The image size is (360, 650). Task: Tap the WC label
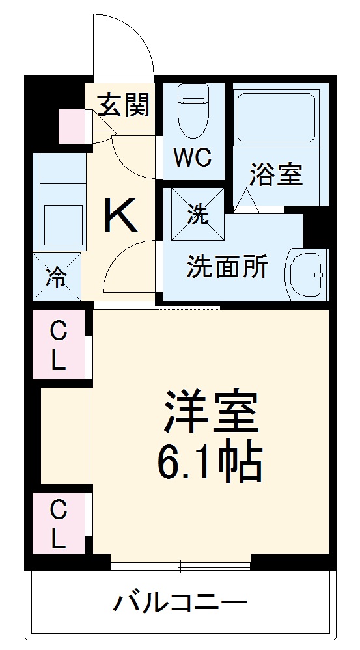[192, 157]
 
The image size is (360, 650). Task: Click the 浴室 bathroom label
[277, 175]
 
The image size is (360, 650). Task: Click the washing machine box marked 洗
[198, 215]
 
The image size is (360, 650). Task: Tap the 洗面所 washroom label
[228, 267]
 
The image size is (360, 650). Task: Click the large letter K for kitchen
[122, 216]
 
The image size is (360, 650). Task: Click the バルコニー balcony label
[180, 603]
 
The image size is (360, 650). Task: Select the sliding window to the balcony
[180, 565]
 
